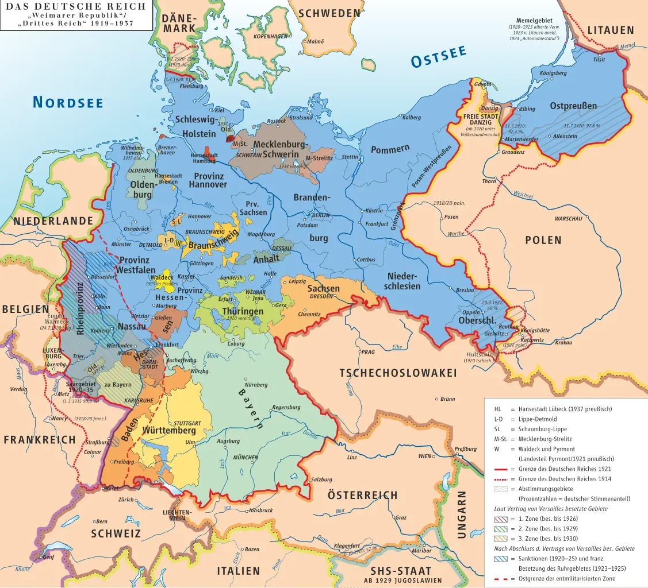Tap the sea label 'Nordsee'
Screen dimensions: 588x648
click(68, 103)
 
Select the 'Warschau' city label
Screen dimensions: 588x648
click(568, 219)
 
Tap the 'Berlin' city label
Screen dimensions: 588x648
click(320, 215)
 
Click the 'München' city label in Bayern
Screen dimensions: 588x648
click(246, 458)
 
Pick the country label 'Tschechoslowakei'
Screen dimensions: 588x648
click(398, 373)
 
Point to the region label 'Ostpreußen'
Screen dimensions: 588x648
click(573, 106)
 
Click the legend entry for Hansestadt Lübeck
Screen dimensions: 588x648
click(561, 409)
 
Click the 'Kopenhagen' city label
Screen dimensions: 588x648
click(270, 36)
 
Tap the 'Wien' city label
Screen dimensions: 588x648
click(425, 457)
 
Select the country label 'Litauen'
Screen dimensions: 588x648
click(611, 30)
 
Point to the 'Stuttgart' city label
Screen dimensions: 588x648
click(187, 423)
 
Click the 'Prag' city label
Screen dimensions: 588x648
click(368, 352)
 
